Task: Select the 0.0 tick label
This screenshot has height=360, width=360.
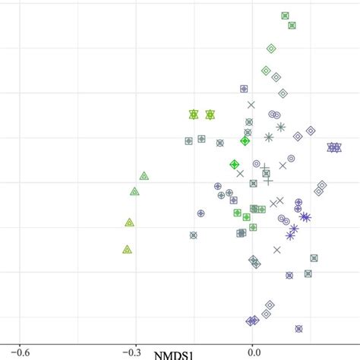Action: coord(254,352)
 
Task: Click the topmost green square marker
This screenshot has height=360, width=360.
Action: coord(285,15)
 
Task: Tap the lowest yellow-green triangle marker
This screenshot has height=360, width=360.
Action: coord(128,248)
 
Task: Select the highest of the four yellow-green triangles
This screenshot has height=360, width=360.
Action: coord(144,175)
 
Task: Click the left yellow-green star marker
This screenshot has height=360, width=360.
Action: coord(193,114)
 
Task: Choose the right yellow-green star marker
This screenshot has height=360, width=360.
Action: coord(210,114)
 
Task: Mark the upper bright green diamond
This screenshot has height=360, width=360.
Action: coord(245,141)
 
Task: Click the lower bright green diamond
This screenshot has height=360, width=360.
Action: coord(235,164)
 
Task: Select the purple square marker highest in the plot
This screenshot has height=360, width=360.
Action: coord(245,89)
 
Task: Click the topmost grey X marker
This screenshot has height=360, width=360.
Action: coord(251,105)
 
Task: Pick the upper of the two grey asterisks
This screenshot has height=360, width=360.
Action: coord(280,127)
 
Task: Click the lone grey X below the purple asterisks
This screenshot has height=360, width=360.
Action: coord(277,249)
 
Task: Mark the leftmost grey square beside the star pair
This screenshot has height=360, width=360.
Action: coord(188,141)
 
